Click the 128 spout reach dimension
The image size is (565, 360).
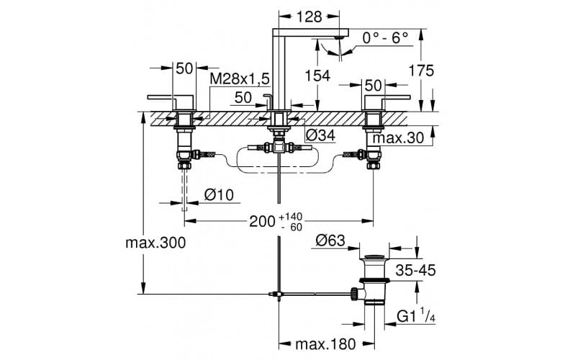click(309, 17)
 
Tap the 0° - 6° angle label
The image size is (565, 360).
click(385, 37)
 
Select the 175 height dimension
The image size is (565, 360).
click(421, 71)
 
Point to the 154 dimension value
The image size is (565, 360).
click(317, 76)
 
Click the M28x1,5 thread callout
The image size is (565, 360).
click(240, 78)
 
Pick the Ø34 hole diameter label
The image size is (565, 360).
click(320, 135)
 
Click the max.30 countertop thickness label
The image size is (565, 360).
click(398, 138)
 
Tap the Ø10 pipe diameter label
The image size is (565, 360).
click(219, 195)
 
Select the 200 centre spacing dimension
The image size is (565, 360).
click(262, 222)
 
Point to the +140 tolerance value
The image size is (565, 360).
click(291, 217)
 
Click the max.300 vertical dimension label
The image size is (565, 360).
click(155, 243)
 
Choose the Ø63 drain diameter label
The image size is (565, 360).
click(330, 240)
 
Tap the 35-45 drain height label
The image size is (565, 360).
click(415, 270)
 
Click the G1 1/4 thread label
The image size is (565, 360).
click(416, 316)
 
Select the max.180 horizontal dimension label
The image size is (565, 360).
click(326, 344)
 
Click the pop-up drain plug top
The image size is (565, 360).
click(375, 256)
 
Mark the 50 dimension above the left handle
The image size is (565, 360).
click(184, 68)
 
